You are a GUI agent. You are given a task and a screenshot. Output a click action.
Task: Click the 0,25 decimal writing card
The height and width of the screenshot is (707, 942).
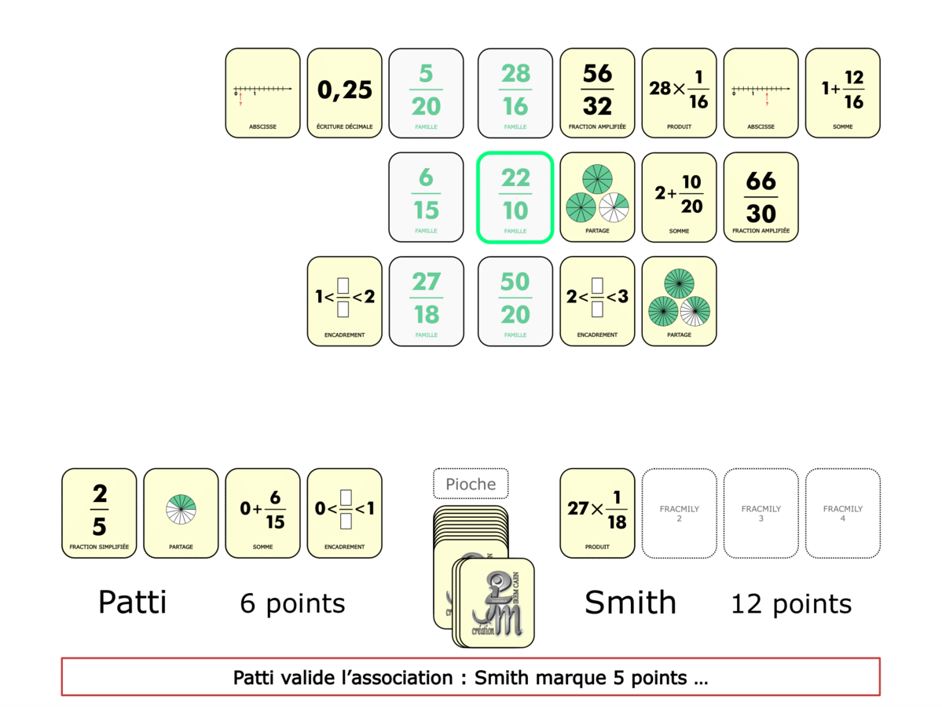[x=344, y=92]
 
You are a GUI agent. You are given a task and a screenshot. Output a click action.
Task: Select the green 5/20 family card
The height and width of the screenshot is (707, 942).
[x=426, y=92]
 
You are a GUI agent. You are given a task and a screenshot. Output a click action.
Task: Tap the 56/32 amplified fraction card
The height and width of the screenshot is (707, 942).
[x=597, y=92]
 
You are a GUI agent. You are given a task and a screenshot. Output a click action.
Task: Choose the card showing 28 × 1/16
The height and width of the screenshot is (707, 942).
[x=679, y=92]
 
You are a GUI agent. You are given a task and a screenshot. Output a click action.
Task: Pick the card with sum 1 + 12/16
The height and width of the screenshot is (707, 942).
[x=842, y=92]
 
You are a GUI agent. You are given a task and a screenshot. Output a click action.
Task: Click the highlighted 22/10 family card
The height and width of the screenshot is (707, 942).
[x=515, y=196]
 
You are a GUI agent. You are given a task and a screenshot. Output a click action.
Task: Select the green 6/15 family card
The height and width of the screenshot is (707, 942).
[x=426, y=196]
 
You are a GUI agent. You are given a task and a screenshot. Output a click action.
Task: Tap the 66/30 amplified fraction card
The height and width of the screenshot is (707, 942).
[x=761, y=196]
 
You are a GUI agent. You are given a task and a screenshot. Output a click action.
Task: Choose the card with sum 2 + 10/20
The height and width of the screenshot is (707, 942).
[x=679, y=196]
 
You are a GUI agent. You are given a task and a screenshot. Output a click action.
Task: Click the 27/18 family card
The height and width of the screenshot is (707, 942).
[x=426, y=301]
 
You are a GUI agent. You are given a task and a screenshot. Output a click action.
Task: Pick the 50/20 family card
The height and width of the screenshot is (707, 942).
[x=515, y=301]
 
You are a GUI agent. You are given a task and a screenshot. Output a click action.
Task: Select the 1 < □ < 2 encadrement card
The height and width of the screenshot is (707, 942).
[x=344, y=301]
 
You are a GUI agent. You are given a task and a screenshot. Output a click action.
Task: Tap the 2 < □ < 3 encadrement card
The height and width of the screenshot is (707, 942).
[x=597, y=301]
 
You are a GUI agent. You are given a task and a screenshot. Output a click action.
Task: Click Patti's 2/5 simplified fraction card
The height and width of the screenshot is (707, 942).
[x=99, y=513]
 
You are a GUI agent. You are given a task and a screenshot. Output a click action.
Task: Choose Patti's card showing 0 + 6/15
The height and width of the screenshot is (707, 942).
[x=262, y=513]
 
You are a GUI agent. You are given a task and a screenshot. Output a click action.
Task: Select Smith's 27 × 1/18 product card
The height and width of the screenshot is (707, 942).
[x=597, y=513]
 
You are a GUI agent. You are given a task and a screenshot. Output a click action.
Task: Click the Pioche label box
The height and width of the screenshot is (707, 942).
[x=471, y=484]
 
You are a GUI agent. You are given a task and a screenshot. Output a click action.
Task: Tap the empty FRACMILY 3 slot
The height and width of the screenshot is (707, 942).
[x=761, y=513]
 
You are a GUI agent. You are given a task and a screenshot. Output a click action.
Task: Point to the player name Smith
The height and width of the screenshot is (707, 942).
[x=630, y=603]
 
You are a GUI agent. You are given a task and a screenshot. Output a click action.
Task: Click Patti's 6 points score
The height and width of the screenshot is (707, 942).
[x=292, y=603]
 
